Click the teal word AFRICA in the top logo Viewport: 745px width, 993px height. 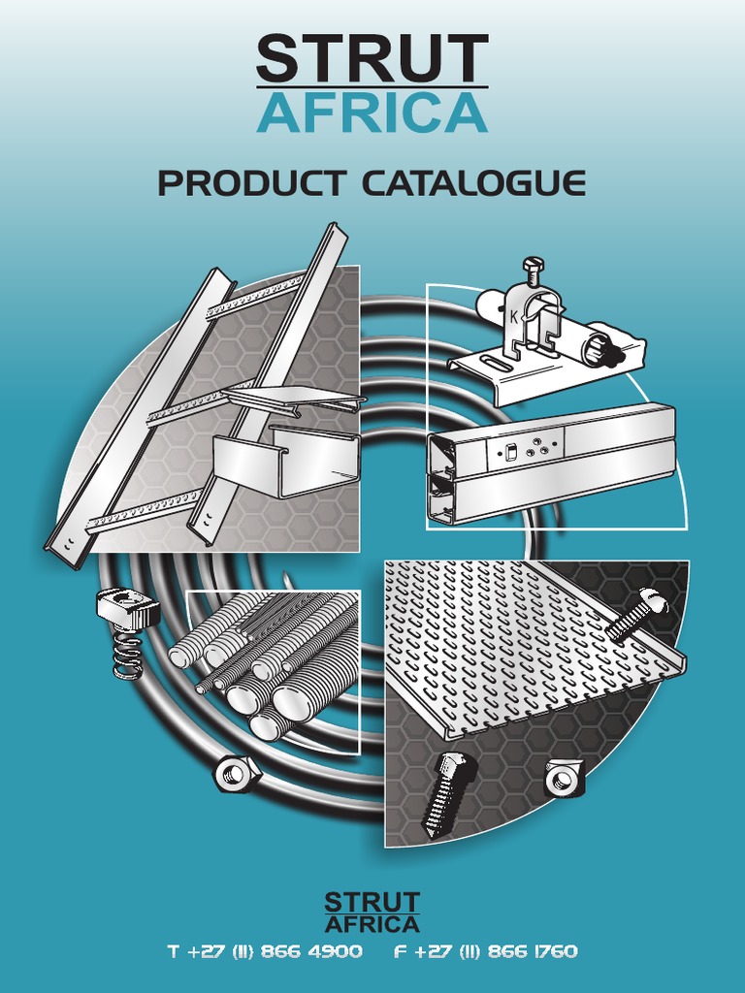[x=372, y=112]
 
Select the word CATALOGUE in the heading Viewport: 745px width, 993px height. [x=473, y=183]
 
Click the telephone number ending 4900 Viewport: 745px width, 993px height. [x=266, y=951]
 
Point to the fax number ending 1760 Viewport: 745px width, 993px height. [x=485, y=951]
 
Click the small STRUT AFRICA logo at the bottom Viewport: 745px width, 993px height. [x=372, y=913]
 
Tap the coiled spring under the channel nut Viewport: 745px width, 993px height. [x=128, y=655]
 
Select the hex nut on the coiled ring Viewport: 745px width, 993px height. [x=237, y=773]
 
